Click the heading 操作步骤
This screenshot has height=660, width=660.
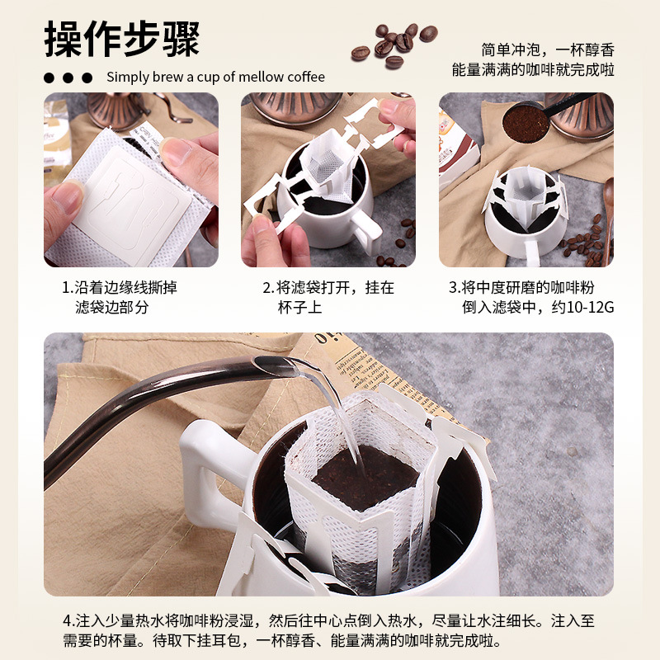(122, 39)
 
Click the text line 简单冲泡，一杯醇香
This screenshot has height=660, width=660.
(548, 49)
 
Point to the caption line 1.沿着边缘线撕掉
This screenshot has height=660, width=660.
(120, 288)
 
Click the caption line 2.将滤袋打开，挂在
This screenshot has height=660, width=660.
(328, 288)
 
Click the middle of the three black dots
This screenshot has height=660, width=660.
(68, 78)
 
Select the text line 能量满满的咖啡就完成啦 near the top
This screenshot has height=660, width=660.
(533, 70)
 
